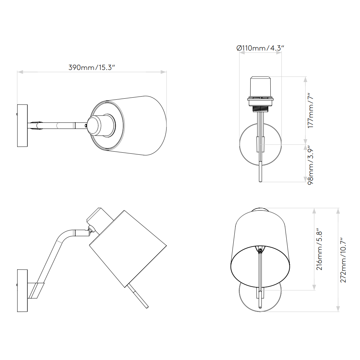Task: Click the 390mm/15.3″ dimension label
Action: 92,67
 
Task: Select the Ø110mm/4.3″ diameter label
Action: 260,48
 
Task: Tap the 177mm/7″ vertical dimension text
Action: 310,111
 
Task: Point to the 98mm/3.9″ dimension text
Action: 310,165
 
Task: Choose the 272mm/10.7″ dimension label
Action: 343,260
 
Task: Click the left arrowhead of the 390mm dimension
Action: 20,72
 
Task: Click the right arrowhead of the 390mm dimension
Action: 163,72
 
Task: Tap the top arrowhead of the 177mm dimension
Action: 305,79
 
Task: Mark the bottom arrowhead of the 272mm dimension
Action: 338,309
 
